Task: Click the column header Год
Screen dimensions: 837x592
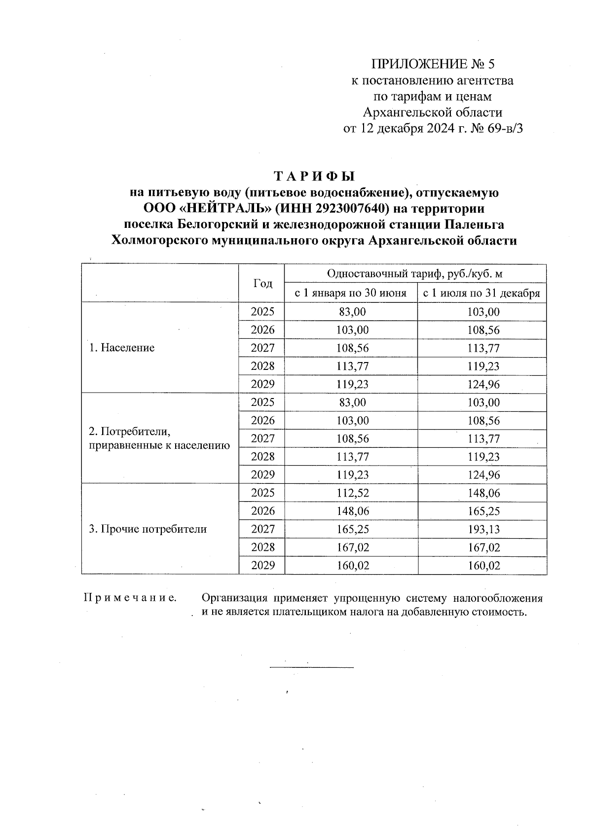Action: click(262, 284)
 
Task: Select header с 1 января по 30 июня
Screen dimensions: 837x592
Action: click(351, 293)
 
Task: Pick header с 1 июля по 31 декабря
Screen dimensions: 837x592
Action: click(482, 293)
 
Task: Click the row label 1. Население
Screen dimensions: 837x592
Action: click(121, 348)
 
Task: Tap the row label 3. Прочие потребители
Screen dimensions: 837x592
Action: click(148, 529)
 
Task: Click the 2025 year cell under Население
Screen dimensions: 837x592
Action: click(262, 312)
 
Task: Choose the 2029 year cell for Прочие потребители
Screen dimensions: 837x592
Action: click(262, 566)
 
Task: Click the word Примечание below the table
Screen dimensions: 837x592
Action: click(130, 598)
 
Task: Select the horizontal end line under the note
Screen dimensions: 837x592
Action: click(312, 667)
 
